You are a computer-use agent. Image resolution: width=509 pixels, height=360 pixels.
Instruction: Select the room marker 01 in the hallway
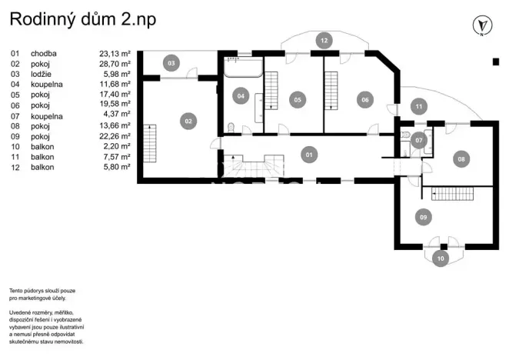pyautogui.click(x=308, y=155)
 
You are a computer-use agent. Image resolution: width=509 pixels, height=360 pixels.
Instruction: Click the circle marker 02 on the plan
pyautogui.click(x=187, y=120)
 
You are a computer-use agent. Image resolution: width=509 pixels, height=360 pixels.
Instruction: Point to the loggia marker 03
pyautogui.click(x=171, y=62)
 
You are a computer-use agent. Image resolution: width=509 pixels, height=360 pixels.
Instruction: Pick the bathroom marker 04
pyautogui.click(x=241, y=96)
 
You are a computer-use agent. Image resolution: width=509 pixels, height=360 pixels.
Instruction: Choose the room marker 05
pyautogui.click(x=298, y=98)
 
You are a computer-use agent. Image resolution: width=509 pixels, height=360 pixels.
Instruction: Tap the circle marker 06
pyautogui.click(x=364, y=98)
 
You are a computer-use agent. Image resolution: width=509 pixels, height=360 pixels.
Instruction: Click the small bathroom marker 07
pyautogui.click(x=418, y=140)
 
